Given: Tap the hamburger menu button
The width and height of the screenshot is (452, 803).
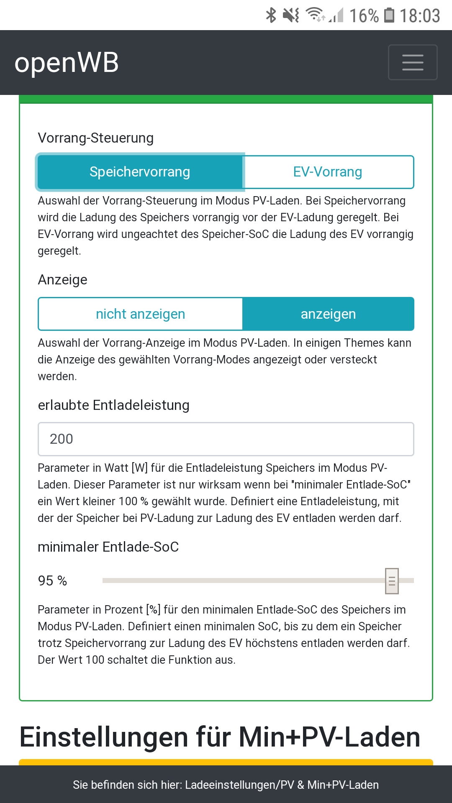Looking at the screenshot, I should pos(413,62).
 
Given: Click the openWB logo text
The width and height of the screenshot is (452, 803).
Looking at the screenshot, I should pos(67,63).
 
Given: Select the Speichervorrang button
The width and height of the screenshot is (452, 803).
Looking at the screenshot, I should pos(140,172).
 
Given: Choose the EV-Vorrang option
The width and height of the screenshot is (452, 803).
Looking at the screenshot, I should pos(328,172).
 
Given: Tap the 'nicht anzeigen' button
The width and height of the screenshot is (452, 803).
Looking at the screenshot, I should pos(140,314).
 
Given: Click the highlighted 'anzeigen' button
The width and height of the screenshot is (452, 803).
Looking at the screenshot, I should pos(328,314).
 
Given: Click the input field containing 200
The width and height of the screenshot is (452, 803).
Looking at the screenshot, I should pos(226,439).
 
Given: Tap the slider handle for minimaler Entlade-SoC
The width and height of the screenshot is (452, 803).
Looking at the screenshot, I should pos(392,581).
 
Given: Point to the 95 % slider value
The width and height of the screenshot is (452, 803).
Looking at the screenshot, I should pos(52,581).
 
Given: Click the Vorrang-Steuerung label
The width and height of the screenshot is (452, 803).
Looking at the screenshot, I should pos(95,138).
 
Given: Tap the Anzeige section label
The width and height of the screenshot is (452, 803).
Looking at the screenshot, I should pos(63,280).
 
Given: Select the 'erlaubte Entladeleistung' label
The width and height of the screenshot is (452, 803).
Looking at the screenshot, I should pos(113,405).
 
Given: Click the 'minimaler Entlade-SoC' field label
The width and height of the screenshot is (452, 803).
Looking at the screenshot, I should pos(108,547).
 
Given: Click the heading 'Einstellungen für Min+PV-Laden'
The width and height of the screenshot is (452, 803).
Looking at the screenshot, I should pos(220,737).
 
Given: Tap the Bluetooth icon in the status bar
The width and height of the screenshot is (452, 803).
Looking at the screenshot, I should pos(271,15).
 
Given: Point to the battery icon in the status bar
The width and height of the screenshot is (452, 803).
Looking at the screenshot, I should pos(389,15).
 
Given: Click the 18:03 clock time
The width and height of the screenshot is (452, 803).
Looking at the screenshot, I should pos(420,16).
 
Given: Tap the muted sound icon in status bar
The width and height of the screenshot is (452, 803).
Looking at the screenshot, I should pos(290,15).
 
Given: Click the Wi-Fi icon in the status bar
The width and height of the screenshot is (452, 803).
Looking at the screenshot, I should pos(315,15).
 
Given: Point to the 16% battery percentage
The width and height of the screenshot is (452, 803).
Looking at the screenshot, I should pos(364,16).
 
